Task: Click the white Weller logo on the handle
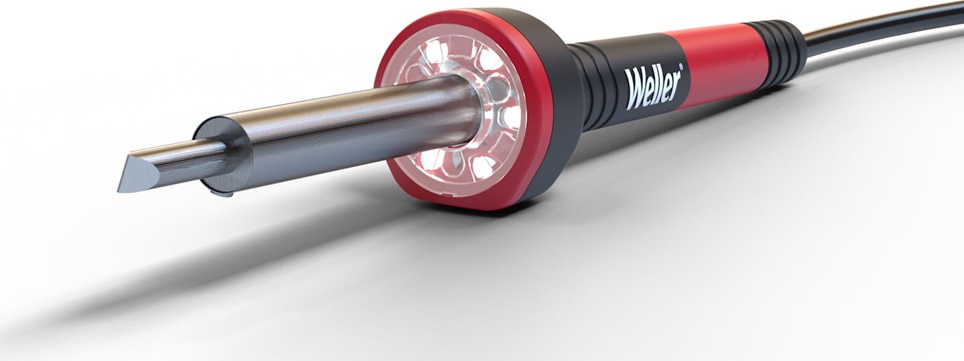click(x=653, y=86)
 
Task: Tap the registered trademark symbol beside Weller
click(x=681, y=66)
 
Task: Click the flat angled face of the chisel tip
click(x=138, y=171)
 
